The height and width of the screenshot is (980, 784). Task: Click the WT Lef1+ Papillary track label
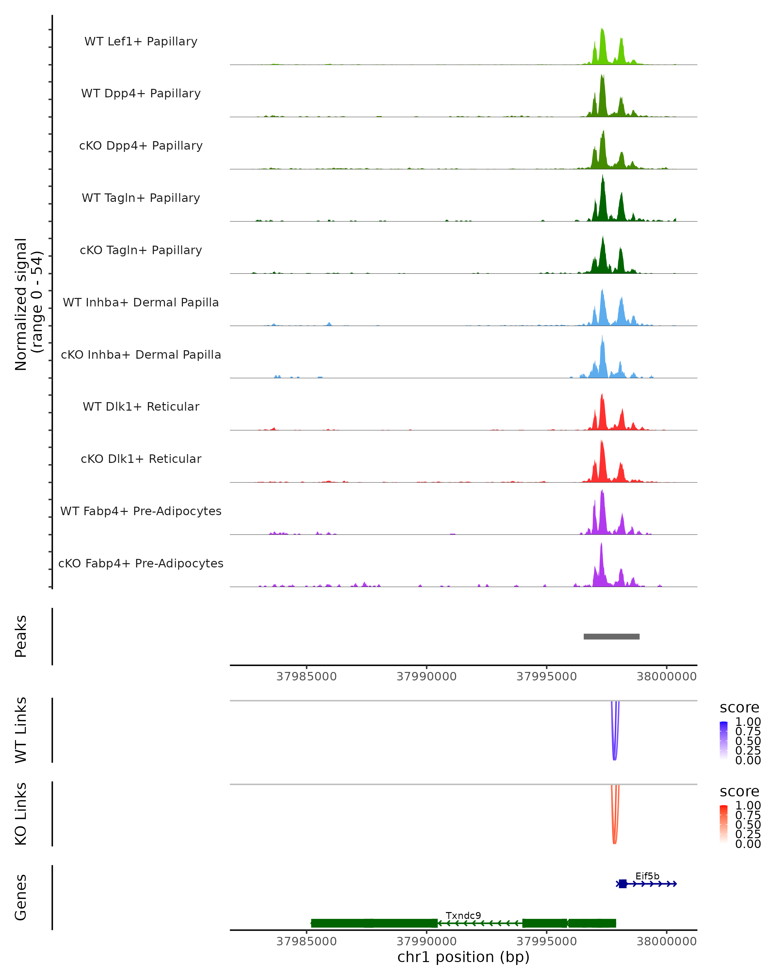click(141, 41)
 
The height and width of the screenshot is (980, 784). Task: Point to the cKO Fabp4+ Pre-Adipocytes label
click(141, 563)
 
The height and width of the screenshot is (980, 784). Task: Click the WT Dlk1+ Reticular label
click(141, 406)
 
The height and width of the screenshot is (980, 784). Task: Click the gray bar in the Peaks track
click(611, 636)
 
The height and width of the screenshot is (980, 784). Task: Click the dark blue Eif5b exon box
click(623, 884)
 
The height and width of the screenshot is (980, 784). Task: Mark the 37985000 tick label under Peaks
click(306, 677)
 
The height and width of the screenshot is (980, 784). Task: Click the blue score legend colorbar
click(724, 741)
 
